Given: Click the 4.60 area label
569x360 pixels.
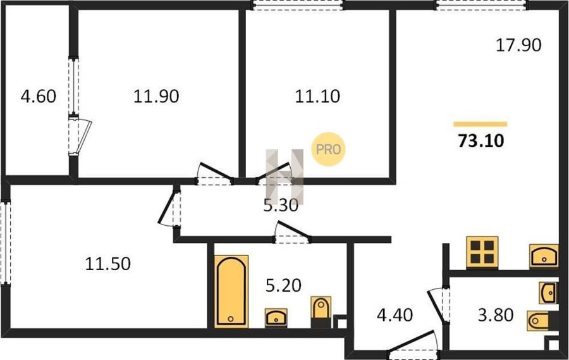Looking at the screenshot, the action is pos(39,97).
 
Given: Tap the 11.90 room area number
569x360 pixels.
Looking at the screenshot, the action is pos(156,97).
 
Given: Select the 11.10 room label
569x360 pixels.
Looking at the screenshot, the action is pos(317,97).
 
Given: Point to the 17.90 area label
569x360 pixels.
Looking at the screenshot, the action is pos(518,46).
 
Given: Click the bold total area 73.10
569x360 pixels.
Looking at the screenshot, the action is pos(481,141).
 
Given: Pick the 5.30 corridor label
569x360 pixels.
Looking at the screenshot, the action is pos(281,206).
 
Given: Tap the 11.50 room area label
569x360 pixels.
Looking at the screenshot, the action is pos(107,264).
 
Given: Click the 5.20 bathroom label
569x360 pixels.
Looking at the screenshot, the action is pos(283,285).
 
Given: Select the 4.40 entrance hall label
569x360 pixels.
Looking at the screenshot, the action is pos(395,315).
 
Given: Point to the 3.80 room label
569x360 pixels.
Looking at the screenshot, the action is pos(496,315).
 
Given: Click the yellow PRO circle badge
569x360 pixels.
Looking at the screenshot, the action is pos(328,149).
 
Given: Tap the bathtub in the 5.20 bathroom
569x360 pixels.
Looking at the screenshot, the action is pos(231,291).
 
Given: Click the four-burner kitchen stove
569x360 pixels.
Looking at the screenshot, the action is pos(482,252).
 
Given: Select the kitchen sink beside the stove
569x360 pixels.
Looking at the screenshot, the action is pos(544,256).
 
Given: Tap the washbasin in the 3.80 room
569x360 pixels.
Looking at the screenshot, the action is pos(548,293).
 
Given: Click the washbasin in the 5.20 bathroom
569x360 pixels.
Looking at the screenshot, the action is pos(276,318).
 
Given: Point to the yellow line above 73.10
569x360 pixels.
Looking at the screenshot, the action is pos(480,124).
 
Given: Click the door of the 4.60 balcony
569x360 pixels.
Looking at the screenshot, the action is pos(80,135).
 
